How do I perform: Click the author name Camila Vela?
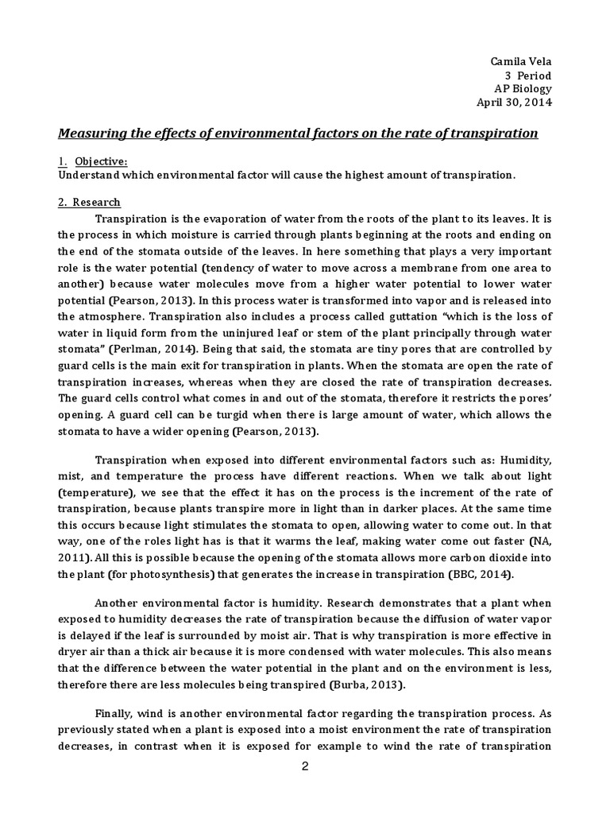pyautogui.click(x=522, y=61)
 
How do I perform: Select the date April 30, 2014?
pyautogui.click(x=513, y=102)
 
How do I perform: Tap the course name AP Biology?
pyautogui.click(x=521, y=88)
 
